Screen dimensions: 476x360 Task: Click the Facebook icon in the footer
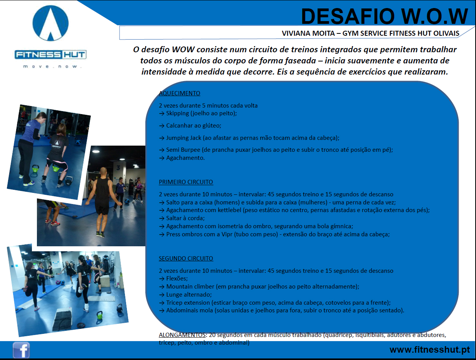(21, 350)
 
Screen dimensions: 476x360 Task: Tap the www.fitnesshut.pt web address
(429, 350)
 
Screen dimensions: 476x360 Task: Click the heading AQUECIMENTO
(180, 93)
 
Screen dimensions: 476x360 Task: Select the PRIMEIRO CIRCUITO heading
(186, 182)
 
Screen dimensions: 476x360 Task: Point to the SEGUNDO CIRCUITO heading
(186, 259)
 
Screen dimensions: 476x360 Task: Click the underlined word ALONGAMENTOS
(182, 335)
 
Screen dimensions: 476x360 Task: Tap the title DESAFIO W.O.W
(384, 17)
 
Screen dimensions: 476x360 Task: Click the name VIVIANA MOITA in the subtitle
(308, 33)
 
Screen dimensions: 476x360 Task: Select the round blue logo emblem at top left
(50, 23)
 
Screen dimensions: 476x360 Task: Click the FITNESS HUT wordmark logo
(50, 55)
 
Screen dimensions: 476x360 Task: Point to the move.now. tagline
(52, 66)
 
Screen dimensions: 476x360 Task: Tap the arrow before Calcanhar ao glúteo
(162, 126)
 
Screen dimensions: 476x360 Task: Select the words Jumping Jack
(184, 138)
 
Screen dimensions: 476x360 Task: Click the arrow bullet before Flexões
(162, 279)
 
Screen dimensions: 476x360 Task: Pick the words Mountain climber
(190, 287)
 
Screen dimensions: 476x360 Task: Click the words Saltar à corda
(185, 218)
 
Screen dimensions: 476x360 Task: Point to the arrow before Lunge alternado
(162, 295)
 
